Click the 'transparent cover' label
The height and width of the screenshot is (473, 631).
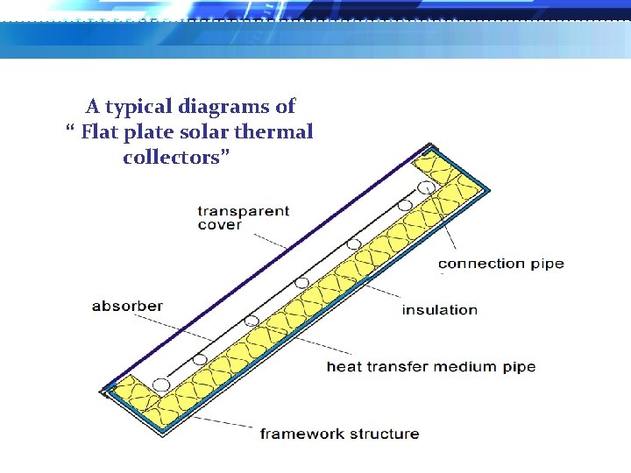pos(243,217)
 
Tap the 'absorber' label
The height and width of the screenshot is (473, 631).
pos(127,306)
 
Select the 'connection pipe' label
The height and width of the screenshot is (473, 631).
pos(500,264)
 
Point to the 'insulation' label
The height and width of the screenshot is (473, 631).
pos(439,309)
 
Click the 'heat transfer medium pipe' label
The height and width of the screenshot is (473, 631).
pos(430,366)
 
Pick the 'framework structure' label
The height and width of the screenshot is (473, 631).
pos(339,434)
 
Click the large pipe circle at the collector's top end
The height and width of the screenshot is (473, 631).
pos(426,187)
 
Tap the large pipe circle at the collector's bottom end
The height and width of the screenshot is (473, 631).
pos(160,385)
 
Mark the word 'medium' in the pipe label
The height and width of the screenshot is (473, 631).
pos(462,366)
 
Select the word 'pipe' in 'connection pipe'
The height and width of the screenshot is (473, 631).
pos(548,265)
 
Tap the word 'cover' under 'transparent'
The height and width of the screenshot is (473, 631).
pos(219,225)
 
